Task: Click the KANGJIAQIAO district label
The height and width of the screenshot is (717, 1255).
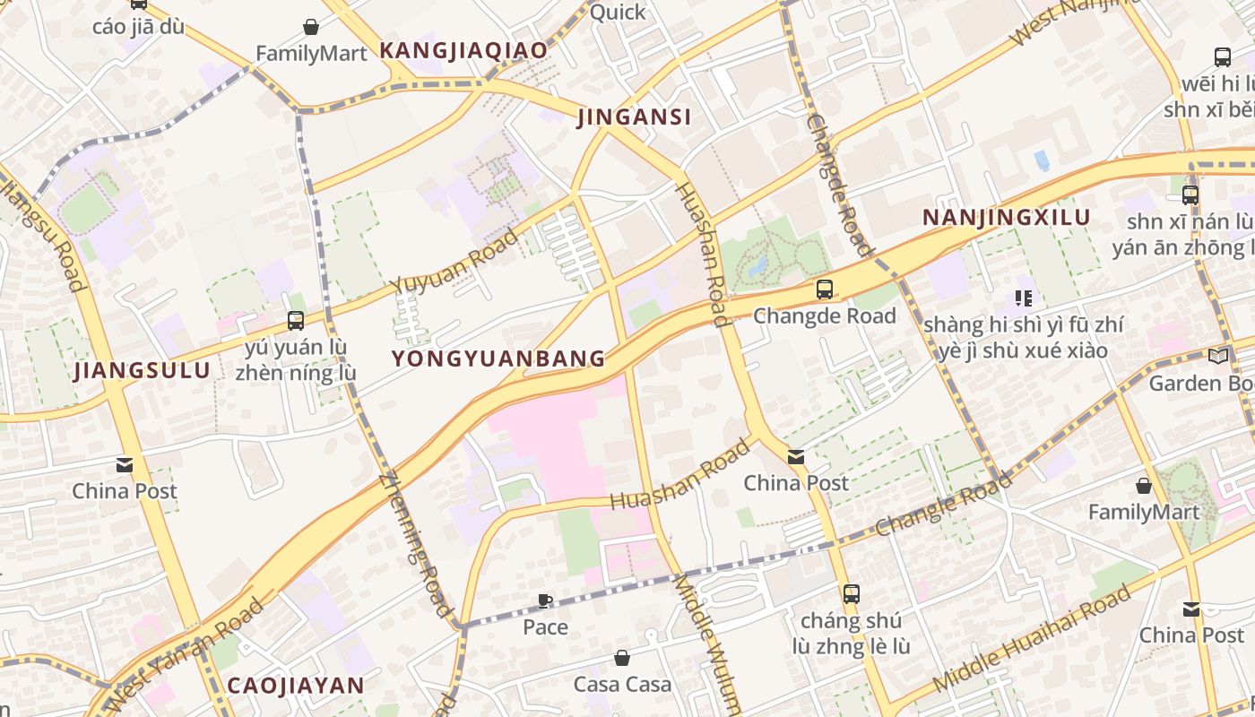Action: (463, 50)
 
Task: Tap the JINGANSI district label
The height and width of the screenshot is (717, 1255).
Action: (634, 117)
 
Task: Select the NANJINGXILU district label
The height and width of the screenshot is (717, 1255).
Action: (1006, 217)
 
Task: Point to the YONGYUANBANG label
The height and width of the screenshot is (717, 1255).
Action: (498, 358)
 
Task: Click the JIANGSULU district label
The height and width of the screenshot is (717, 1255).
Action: (142, 370)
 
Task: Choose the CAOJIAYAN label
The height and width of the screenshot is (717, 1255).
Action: (296, 686)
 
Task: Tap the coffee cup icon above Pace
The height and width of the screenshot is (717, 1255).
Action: (545, 600)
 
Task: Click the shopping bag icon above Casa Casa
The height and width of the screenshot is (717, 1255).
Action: (622, 659)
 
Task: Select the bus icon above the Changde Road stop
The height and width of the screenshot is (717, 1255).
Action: (824, 289)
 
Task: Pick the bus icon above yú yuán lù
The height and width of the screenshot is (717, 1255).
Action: (295, 320)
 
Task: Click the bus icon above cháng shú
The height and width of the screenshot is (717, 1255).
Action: (851, 593)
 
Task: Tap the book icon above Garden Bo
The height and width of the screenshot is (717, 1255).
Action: (1217, 357)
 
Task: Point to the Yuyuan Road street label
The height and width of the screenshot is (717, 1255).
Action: (455, 261)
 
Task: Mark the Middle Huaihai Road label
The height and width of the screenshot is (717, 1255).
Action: (1032, 638)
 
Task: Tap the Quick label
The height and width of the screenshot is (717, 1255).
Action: (618, 12)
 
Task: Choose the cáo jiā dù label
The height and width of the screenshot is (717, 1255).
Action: (138, 26)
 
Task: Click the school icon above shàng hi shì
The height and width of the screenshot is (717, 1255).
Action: (1023, 298)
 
